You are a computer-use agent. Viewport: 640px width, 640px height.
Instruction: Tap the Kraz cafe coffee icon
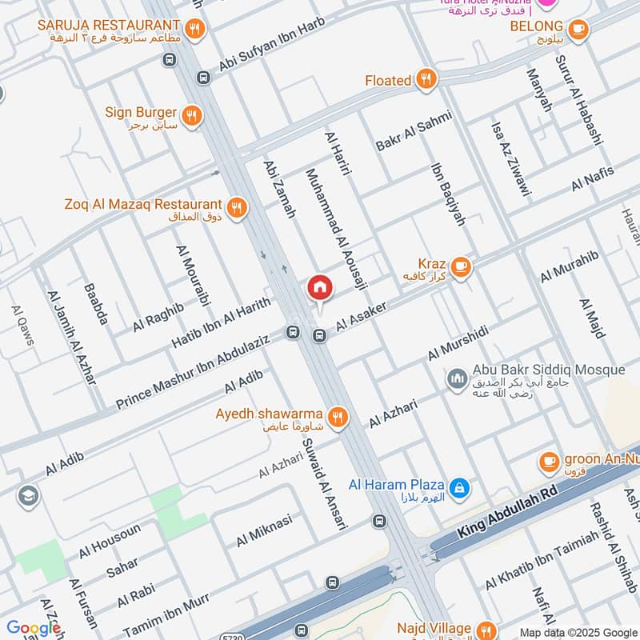[x=459, y=265]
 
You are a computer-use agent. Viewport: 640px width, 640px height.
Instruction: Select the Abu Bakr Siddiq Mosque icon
[x=458, y=377]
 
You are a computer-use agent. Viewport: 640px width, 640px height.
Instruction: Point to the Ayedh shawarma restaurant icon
[x=338, y=415]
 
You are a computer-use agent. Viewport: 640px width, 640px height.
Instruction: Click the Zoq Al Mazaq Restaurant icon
[x=236, y=208]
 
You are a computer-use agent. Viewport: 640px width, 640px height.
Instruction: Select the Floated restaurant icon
[x=426, y=79]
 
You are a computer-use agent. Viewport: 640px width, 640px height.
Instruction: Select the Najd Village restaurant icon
[x=486, y=629]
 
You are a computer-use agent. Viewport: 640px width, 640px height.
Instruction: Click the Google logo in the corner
[x=34, y=628]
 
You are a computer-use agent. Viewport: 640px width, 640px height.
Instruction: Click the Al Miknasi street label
[x=264, y=530]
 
